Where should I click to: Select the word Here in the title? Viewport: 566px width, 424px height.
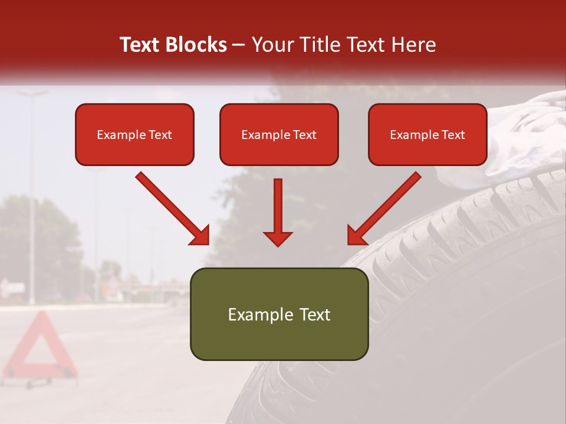[x=413, y=45]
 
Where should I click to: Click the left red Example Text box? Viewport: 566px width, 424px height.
[x=134, y=134]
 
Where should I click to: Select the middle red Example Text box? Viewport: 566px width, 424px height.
[x=279, y=134]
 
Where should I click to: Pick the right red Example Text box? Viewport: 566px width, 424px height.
[x=427, y=134]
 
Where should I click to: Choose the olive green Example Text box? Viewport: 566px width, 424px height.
[x=279, y=314]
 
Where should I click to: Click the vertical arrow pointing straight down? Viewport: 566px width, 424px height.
[x=278, y=212]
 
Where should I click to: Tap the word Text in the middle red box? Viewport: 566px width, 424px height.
[x=304, y=135]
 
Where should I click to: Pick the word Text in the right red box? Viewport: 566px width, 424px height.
[x=452, y=135]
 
